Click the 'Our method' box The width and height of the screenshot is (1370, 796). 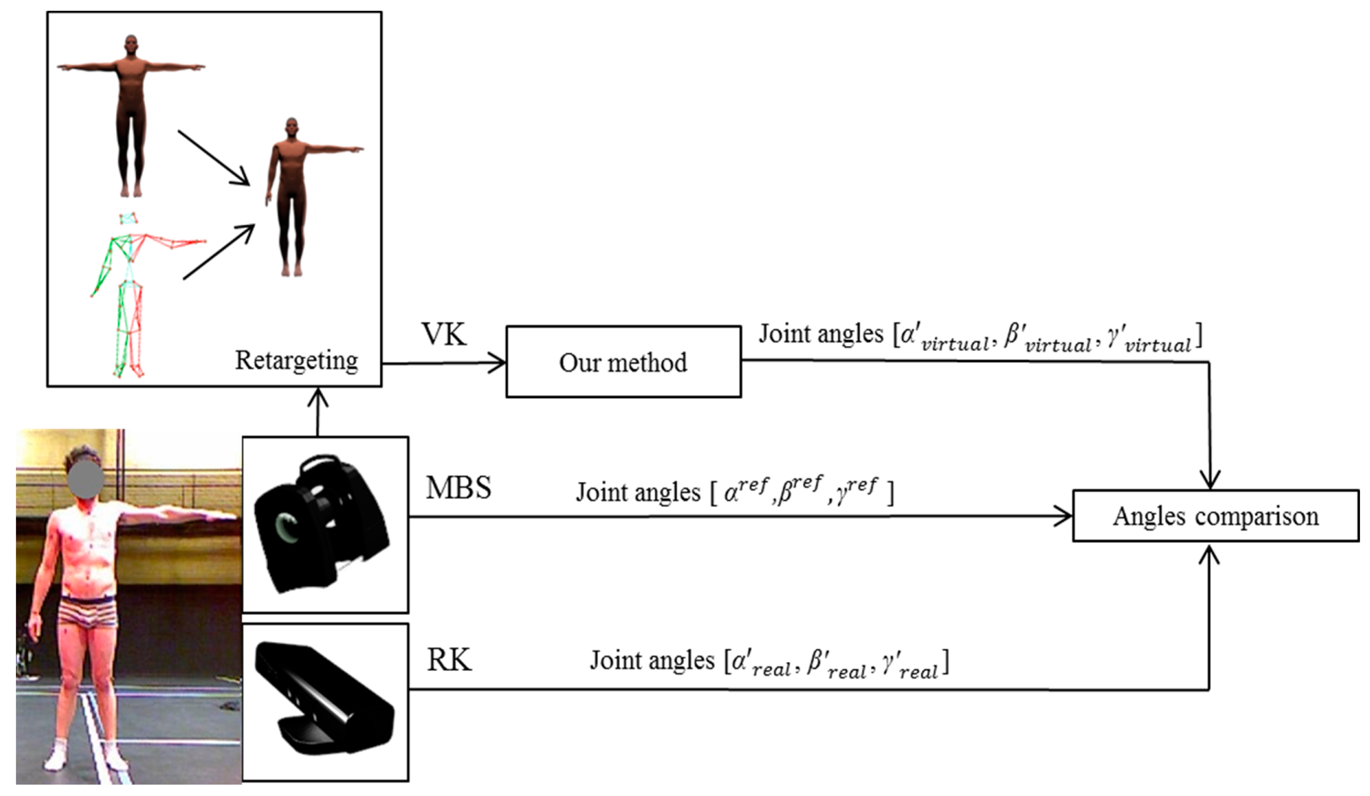(x=623, y=362)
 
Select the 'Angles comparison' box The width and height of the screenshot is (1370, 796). (x=1216, y=516)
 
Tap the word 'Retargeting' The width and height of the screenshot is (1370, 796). (x=296, y=360)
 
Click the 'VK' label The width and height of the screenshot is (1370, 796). (x=444, y=334)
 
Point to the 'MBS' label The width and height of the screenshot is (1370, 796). (x=458, y=488)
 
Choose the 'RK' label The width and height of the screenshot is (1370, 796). (x=449, y=660)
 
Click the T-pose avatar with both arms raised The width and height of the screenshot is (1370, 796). (x=131, y=114)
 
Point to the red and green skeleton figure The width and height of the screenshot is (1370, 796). (x=131, y=294)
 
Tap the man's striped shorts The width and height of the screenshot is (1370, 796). (x=88, y=614)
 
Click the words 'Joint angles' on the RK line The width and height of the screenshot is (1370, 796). (x=651, y=661)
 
